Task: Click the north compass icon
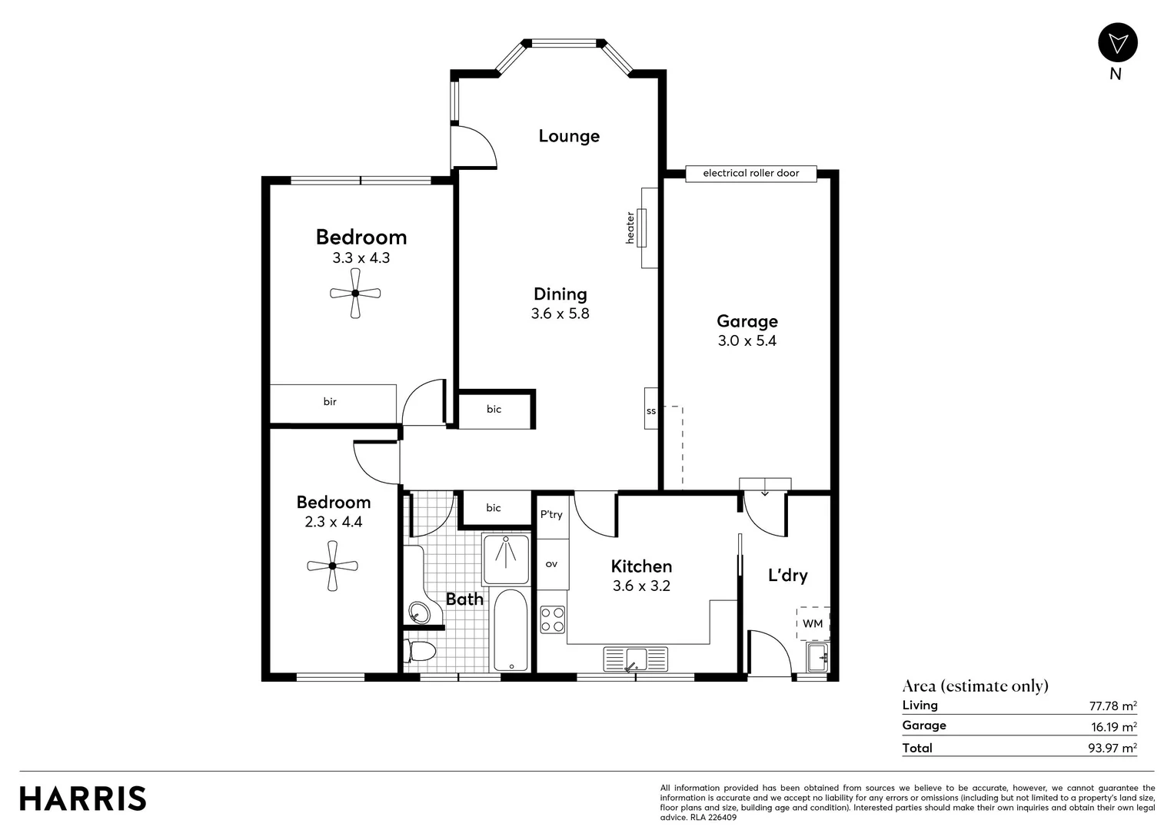tap(1116, 43)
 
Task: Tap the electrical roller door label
tap(750, 174)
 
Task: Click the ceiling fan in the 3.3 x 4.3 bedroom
tap(355, 293)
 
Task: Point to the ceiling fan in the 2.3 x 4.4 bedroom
tap(332, 566)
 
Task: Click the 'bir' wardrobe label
tap(330, 402)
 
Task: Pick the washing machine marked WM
tap(813, 623)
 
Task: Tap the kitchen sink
tap(635, 659)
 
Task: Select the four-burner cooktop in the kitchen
tap(552, 619)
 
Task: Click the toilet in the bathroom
tap(421, 652)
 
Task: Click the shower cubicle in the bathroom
tap(506, 559)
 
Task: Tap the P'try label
tap(551, 515)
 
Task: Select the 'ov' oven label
tap(551, 564)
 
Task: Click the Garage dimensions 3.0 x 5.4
tap(747, 341)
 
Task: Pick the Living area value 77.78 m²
tap(1112, 705)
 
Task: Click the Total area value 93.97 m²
tap(1112, 748)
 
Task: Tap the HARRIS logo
tap(83, 798)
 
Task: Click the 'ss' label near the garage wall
tap(651, 411)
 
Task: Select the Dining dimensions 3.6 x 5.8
tap(560, 314)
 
